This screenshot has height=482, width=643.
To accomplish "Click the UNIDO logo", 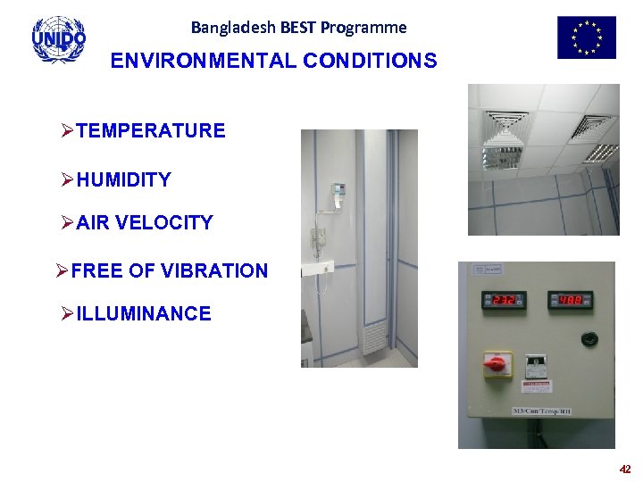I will coord(59,39).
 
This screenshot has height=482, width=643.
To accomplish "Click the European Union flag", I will coord(586,37).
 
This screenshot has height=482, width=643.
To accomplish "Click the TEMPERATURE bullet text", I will coord(150,131).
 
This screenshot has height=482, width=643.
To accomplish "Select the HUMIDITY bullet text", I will coord(123,180).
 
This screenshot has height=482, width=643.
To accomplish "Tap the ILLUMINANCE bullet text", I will coord(144,314).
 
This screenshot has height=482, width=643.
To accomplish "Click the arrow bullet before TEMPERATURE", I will coord(67,131).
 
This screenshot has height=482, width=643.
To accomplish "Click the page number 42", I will coord(624,469).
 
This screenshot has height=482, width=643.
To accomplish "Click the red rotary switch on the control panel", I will coord(497,363).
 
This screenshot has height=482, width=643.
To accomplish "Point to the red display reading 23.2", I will coord(501,300).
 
